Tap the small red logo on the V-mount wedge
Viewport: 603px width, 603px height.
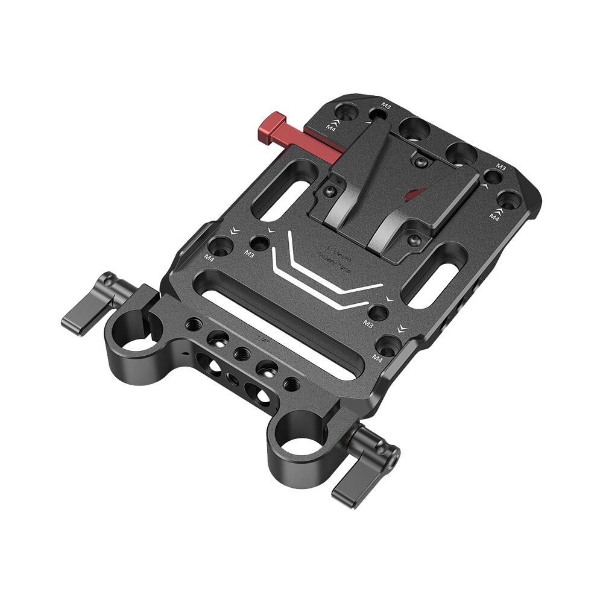pos(414,194)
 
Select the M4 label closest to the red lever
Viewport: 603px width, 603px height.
pos(332,126)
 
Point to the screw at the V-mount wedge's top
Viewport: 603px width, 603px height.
pos(421,160)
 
